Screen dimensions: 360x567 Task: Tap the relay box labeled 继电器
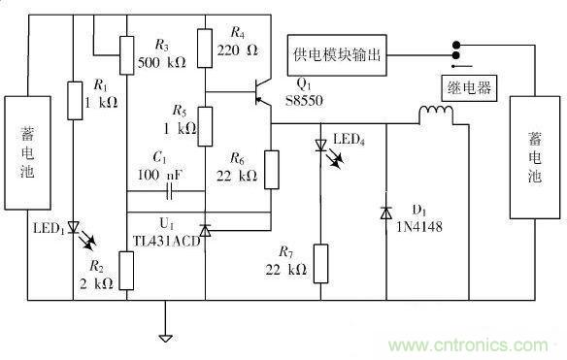pos(468,88)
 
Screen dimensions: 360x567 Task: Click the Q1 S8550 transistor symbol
pos(258,93)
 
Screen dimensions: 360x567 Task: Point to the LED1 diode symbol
pos(75,234)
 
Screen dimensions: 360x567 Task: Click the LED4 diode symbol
pos(320,147)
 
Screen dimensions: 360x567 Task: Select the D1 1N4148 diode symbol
pos(386,211)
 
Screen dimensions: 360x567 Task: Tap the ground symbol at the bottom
pos(165,337)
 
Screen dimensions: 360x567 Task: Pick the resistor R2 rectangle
pos(127,271)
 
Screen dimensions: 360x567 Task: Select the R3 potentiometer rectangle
pos(127,55)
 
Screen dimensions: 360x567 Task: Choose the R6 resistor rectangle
pos(271,167)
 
